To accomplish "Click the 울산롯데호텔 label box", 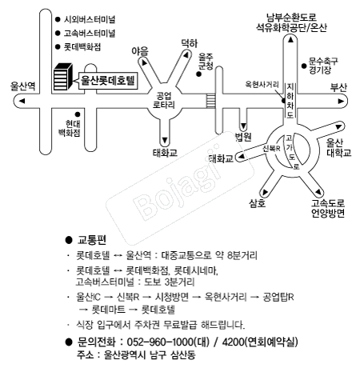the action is tap(108, 80).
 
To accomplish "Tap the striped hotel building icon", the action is tap(63, 77).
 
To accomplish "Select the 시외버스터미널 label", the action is tap(90, 19).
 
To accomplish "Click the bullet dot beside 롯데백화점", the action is tap(58, 47).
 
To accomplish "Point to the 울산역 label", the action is tap(22, 86).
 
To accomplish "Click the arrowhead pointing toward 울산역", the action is tap(22, 101).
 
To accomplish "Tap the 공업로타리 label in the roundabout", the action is tap(164, 100).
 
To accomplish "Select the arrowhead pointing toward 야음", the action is tap(144, 63).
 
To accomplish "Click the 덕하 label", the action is tap(190, 43).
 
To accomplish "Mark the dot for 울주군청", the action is tap(198, 74).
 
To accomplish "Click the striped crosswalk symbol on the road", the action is tap(210, 101).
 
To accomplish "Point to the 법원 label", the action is tap(243, 137).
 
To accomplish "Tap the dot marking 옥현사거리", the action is tap(284, 101).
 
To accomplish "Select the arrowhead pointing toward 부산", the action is tap(341, 101).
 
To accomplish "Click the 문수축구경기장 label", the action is tap(323, 66).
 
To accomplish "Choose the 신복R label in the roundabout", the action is tap(271, 148).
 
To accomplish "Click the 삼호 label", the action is tap(257, 203).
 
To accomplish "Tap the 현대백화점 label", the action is tap(70, 129).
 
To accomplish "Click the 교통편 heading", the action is tap(91, 240).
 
